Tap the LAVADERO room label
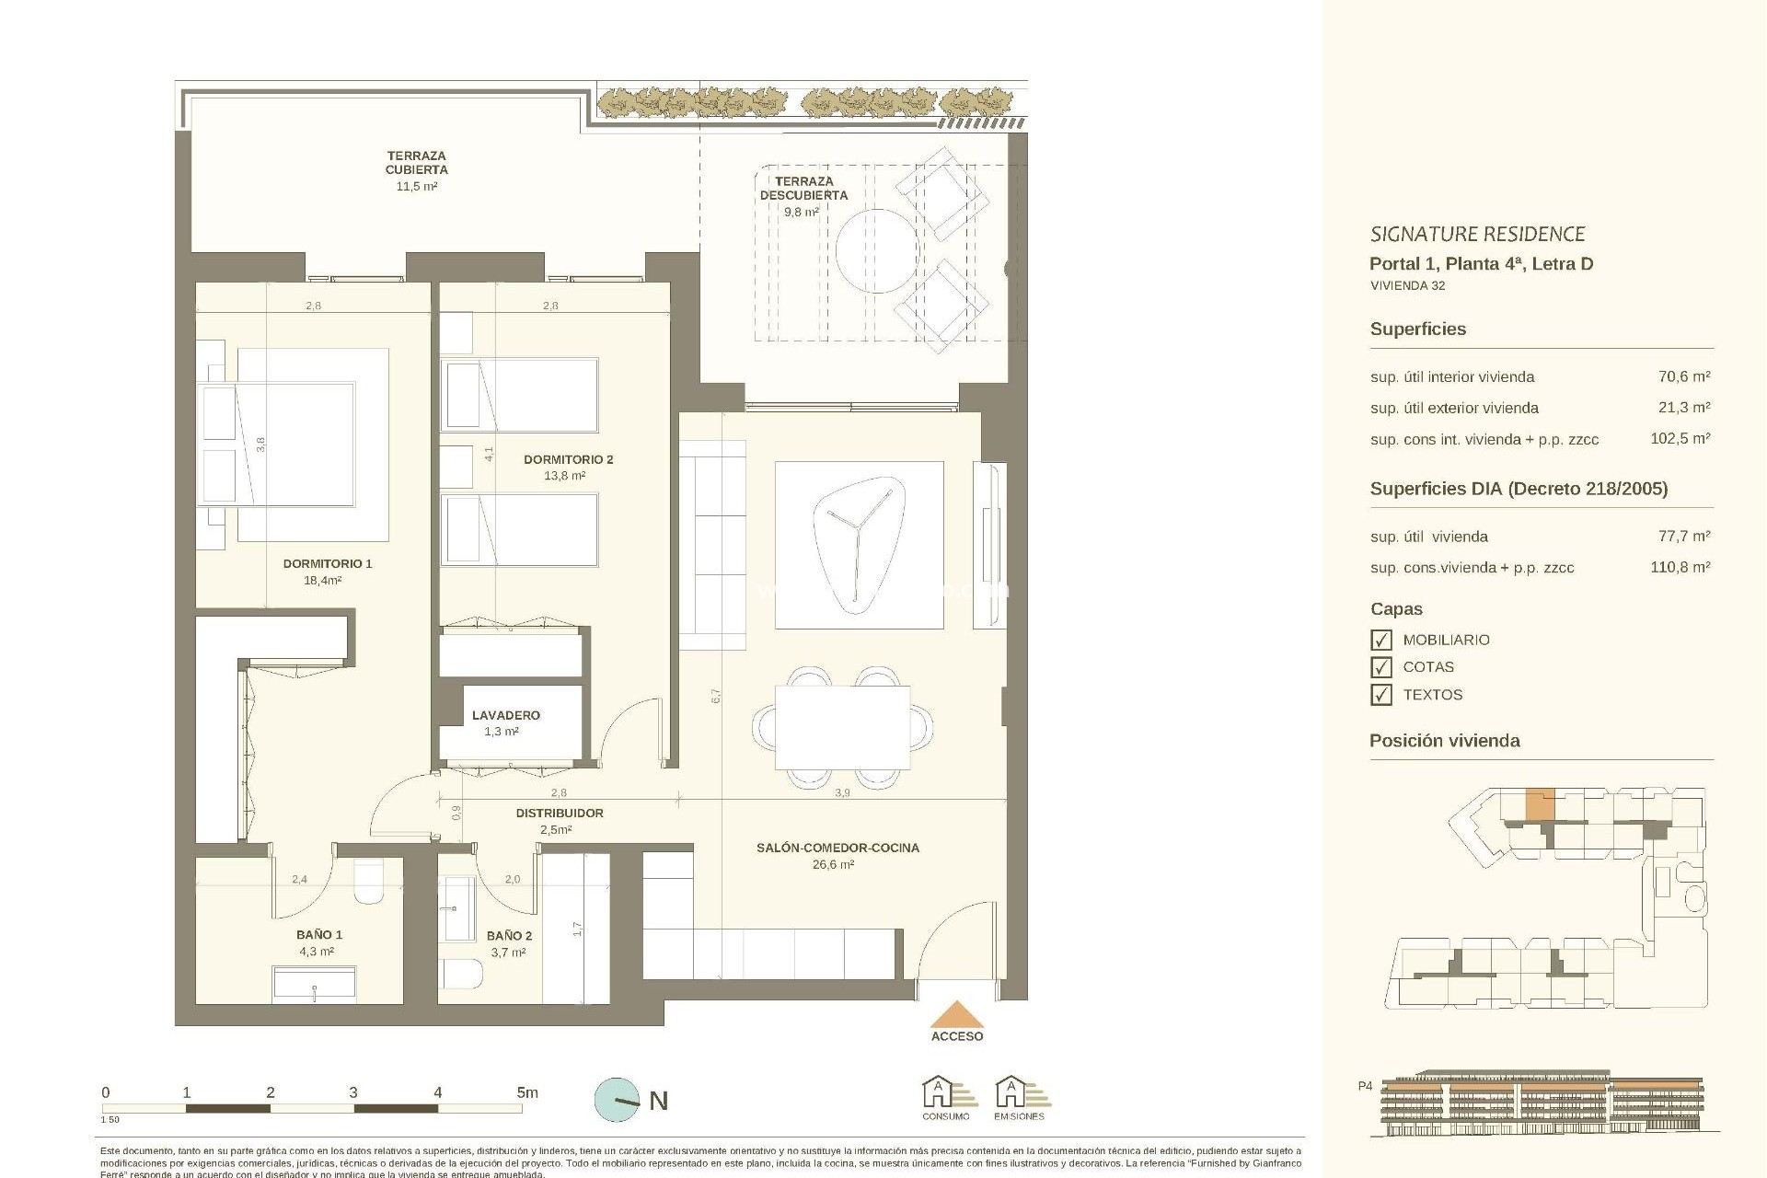[505, 715]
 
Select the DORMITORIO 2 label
[568, 459]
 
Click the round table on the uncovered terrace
[877, 250]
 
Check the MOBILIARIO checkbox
[1380, 640]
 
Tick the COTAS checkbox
[1380, 667]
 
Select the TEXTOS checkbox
[1380, 695]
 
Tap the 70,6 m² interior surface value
[1683, 376]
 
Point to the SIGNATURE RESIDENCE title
[1477, 234]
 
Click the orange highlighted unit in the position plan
[1540, 804]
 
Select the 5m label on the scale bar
[526, 1093]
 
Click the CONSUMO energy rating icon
[946, 1097]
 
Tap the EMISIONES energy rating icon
[1019, 1097]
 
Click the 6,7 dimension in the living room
[716, 697]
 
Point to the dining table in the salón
[842, 727]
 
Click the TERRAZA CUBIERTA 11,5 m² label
[416, 170]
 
